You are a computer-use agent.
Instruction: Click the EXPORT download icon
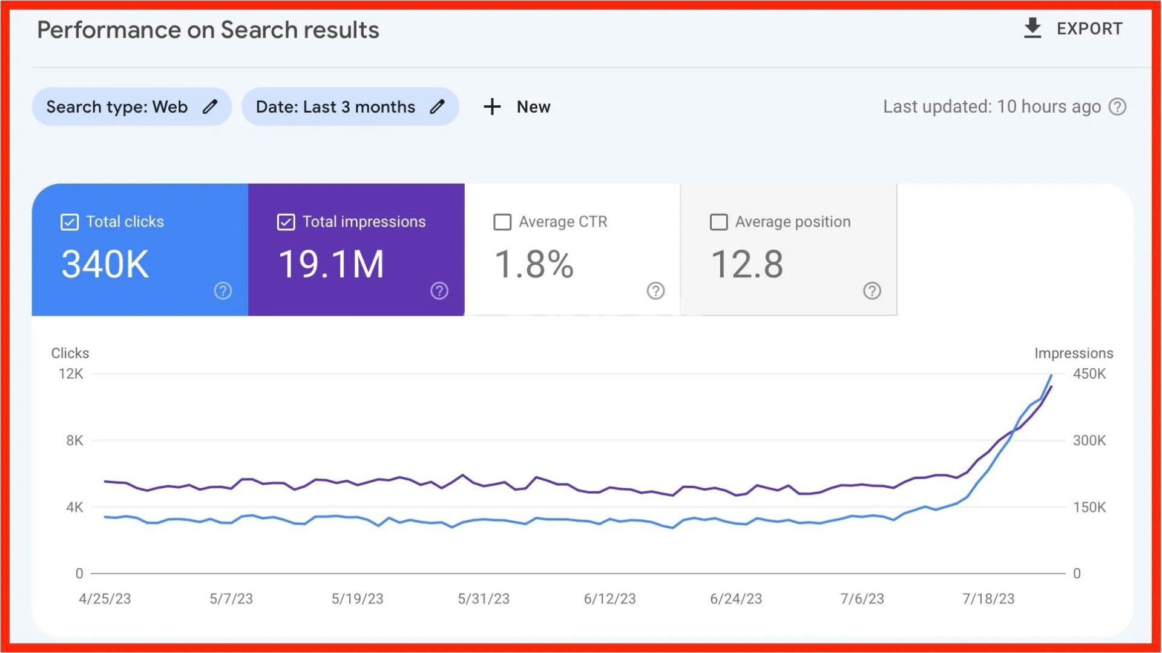point(1032,28)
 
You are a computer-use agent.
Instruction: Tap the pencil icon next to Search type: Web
point(210,107)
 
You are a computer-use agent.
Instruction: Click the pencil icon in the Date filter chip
point(437,107)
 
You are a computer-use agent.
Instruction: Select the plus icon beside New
point(492,107)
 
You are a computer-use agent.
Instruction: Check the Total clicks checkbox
point(70,222)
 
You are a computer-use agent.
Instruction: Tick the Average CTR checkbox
point(502,222)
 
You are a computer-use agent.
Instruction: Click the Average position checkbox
point(718,222)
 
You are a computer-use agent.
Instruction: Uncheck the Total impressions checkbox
point(286,222)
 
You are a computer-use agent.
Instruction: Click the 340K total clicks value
point(105,265)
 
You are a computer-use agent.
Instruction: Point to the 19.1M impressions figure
point(331,265)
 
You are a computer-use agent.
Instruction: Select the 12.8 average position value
point(747,265)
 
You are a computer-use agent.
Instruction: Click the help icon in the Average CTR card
point(655,291)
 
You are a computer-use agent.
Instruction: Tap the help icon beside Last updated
point(1117,107)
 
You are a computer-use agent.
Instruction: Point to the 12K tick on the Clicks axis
point(71,374)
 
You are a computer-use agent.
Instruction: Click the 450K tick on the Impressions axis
point(1089,374)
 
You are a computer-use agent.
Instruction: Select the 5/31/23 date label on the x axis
point(484,598)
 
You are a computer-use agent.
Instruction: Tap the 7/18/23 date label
point(988,598)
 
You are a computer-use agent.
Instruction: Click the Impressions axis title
point(1073,353)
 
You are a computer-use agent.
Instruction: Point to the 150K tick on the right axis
point(1089,507)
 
